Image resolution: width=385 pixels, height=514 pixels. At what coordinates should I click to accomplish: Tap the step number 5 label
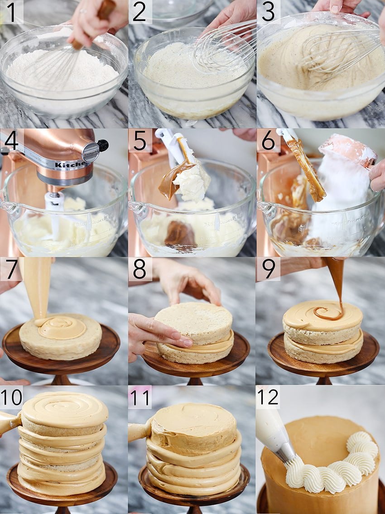[140, 141]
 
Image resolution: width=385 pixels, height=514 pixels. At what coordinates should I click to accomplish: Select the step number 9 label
[268, 269]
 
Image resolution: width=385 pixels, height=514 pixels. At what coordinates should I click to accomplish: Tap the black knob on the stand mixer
[102, 145]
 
